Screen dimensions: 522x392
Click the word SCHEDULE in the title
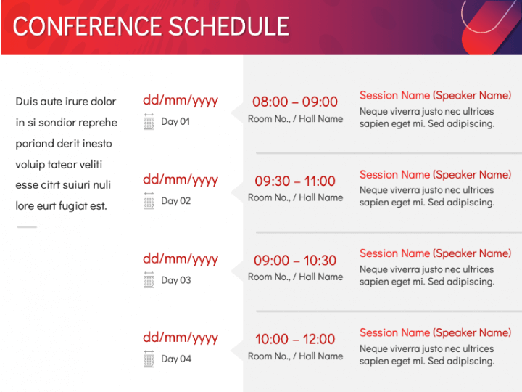pyautogui.click(x=229, y=26)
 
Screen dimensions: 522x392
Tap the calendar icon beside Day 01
pyautogui.click(x=149, y=122)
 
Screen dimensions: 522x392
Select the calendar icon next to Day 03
pyautogui.click(x=149, y=280)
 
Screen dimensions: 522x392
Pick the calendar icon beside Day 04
pyautogui.click(x=149, y=359)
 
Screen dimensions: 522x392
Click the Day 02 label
pyautogui.click(x=175, y=201)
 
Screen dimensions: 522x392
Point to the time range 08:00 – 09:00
pyautogui.click(x=295, y=102)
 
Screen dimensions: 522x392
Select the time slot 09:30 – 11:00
pyautogui.click(x=295, y=181)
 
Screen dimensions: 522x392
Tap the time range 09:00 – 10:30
pyautogui.click(x=295, y=261)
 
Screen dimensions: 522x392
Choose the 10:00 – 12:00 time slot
pyautogui.click(x=295, y=339)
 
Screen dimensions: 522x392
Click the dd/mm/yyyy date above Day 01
pyautogui.click(x=181, y=100)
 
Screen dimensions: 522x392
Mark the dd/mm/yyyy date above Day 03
pyautogui.click(x=181, y=259)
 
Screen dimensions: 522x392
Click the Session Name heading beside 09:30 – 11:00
pyautogui.click(x=435, y=175)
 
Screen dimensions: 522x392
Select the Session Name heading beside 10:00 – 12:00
pyautogui.click(x=435, y=332)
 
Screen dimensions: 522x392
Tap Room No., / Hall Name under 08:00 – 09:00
pyautogui.click(x=295, y=118)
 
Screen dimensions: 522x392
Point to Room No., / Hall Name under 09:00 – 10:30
pyautogui.click(x=295, y=277)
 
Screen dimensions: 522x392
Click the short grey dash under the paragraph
pyautogui.click(x=27, y=227)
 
